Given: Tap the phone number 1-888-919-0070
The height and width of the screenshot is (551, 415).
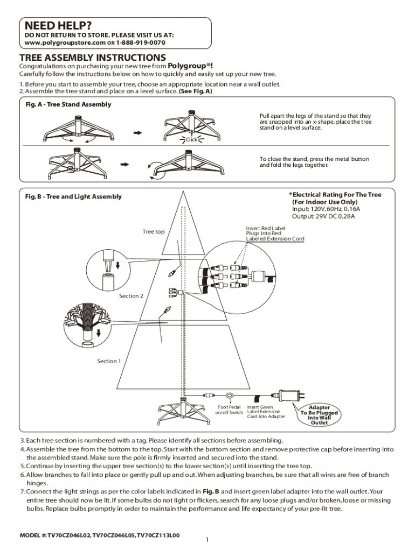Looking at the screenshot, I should [x=137, y=43].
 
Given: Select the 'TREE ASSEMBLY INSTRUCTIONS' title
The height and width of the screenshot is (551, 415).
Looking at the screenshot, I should [x=93, y=58].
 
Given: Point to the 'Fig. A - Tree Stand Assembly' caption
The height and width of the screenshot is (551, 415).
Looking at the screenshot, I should [x=68, y=104].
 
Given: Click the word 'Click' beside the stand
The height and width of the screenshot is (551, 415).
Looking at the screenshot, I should [x=191, y=140].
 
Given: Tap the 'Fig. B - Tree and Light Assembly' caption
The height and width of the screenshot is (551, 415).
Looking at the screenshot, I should [x=73, y=196].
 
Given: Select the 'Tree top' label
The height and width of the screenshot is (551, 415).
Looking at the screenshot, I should [x=154, y=232].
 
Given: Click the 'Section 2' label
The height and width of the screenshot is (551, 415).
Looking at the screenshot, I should [x=131, y=296].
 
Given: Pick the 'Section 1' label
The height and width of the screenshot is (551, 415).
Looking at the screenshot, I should [x=109, y=361].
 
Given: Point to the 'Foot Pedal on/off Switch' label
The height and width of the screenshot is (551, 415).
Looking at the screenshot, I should [x=230, y=410].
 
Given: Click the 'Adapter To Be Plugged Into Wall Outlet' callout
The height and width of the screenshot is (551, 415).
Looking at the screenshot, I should [x=319, y=415].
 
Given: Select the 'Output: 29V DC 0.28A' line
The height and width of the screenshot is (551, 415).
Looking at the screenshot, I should [x=323, y=217].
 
